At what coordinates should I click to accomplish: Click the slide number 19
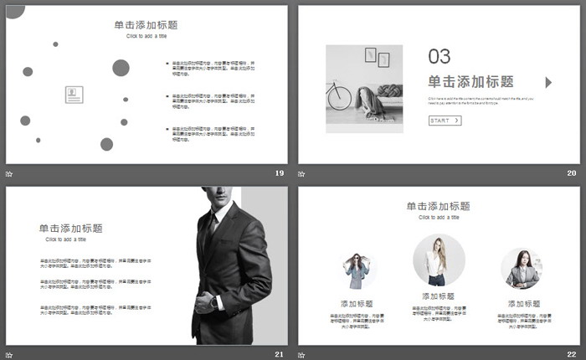point(279,173)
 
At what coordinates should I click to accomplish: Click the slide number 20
point(572,173)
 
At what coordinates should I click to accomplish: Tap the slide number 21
point(279,354)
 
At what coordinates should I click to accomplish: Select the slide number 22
point(572,354)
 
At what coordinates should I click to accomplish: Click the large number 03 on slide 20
point(439,56)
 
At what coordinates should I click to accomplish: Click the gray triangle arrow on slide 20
point(548,82)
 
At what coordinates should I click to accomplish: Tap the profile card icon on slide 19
point(75,95)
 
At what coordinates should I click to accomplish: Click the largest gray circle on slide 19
point(121,68)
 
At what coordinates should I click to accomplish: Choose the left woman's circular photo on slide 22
point(357,270)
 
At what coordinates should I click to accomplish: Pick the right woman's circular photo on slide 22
point(522,270)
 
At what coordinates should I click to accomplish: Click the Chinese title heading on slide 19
point(146,25)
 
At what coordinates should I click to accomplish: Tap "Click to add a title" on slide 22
point(439,218)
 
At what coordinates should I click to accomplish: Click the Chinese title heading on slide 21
point(71,228)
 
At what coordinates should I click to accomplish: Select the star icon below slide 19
point(9,173)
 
